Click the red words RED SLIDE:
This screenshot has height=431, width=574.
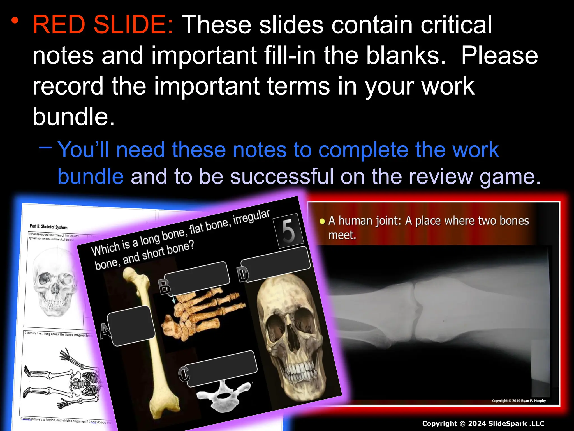click(103, 25)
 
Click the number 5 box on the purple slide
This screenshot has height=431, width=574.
click(289, 231)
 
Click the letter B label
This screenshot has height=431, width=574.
click(165, 286)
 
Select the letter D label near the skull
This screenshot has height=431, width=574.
click(243, 274)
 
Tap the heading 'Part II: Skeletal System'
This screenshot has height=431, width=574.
click(48, 227)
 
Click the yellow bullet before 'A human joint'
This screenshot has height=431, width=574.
click(322, 222)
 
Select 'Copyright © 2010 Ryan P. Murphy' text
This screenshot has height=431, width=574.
click(519, 401)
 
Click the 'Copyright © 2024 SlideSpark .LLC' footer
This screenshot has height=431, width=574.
click(483, 423)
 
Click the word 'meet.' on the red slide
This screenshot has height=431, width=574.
click(342, 235)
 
